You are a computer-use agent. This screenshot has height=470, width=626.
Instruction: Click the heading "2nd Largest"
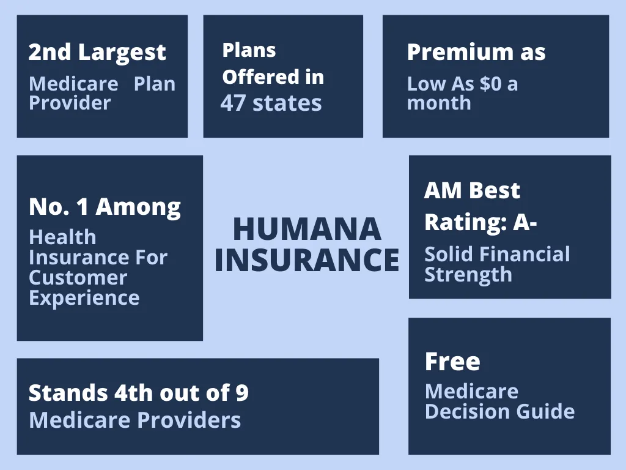[97, 53]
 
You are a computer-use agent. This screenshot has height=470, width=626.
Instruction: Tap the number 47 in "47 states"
[232, 103]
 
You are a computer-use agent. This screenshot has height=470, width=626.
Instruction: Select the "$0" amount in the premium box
[490, 84]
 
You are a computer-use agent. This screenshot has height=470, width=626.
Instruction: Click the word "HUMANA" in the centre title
[307, 229]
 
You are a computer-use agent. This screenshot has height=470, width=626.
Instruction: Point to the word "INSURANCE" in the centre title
[307, 259]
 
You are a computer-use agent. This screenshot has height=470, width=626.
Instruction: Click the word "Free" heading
[452, 362]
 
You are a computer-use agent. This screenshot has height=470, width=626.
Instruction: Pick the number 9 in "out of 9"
[242, 393]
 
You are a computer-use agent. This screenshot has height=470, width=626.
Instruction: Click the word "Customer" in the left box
[78, 277]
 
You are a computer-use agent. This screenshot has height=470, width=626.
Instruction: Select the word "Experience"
[84, 298]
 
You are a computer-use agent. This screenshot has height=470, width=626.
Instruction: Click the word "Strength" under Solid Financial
[468, 275]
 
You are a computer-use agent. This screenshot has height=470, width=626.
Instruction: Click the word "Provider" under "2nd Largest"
[70, 103]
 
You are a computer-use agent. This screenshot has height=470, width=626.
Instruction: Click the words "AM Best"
[471, 190]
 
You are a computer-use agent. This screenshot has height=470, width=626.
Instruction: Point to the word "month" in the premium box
[439, 103]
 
